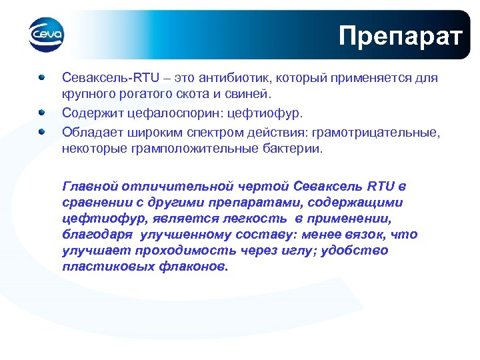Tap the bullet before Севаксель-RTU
point(42,77)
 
